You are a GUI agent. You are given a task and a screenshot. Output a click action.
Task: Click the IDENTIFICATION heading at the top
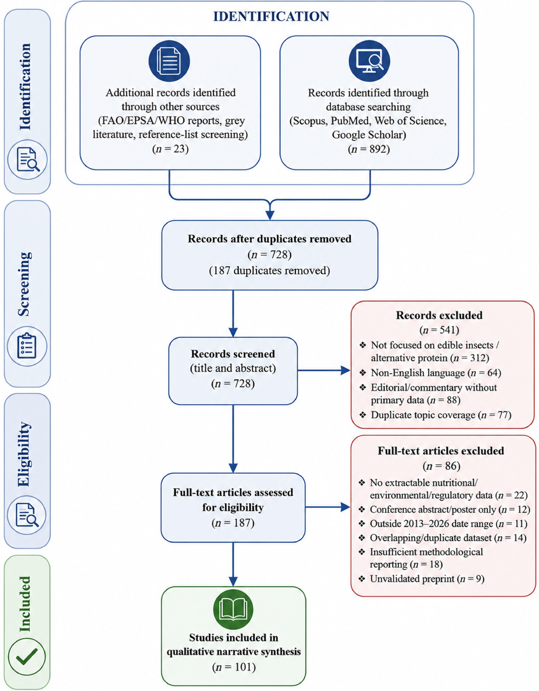tap(271, 16)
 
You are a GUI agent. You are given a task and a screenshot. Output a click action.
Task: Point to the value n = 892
tap(369, 149)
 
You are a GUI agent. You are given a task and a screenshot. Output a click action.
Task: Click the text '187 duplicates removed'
tap(270, 271)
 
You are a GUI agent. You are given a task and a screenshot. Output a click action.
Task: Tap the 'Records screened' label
tap(233, 354)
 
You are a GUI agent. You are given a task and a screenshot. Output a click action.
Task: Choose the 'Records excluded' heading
tap(439, 315)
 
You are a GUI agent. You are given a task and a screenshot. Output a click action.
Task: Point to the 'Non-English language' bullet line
tap(430, 373)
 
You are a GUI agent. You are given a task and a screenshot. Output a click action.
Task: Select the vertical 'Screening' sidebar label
tap(24, 284)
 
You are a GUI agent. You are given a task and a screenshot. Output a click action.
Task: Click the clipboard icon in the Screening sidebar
tap(27, 346)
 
